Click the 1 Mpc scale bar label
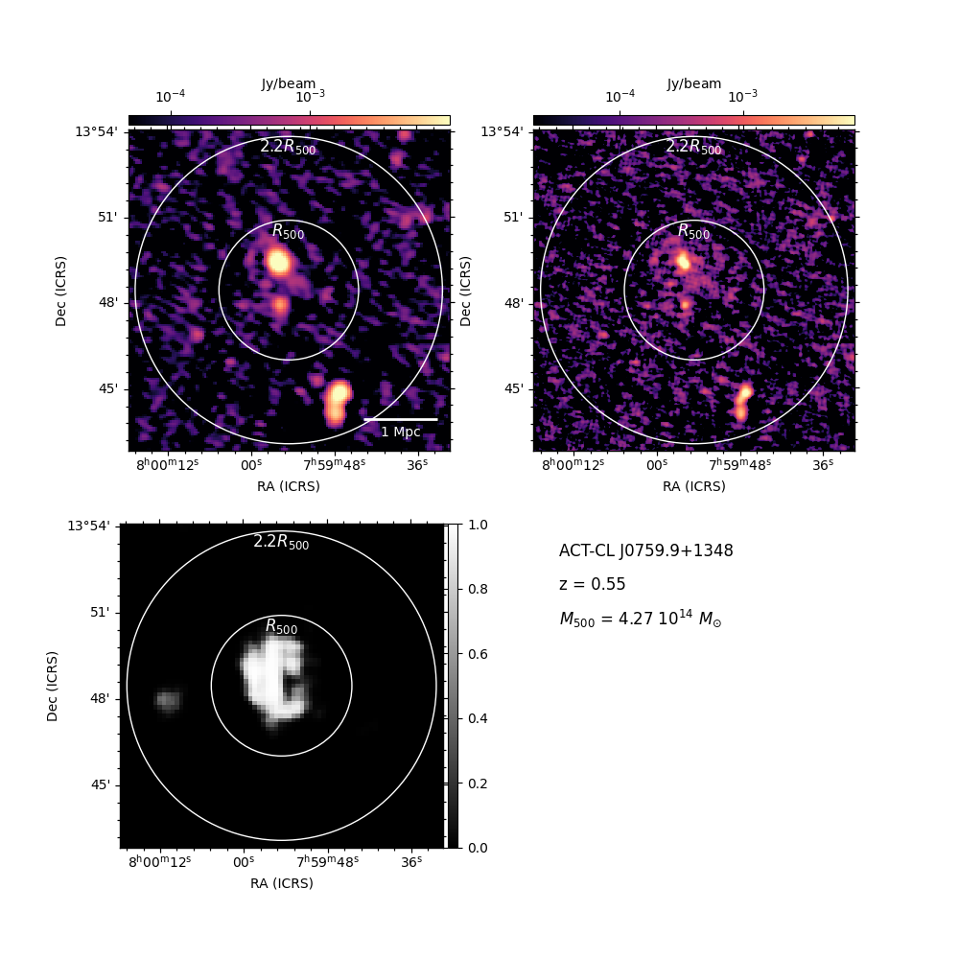pyautogui.click(x=401, y=432)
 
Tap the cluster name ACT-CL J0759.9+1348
pyautogui.click(x=645, y=551)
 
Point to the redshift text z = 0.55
pyautogui.click(x=592, y=584)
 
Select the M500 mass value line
pyautogui.click(x=641, y=619)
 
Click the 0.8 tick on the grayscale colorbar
pyautogui.click(x=478, y=590)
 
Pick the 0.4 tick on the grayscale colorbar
pyautogui.click(x=478, y=718)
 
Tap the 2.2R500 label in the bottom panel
pyautogui.click(x=281, y=542)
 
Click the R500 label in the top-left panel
pyautogui.click(x=288, y=232)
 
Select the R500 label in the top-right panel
pyautogui.click(x=694, y=232)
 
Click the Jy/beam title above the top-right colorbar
pyautogui.click(x=694, y=83)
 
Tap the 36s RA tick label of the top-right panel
pyautogui.click(x=823, y=465)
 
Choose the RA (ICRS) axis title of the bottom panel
pyautogui.click(x=282, y=883)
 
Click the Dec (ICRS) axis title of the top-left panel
pyautogui.click(x=60, y=292)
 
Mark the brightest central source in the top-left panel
pyautogui.click(x=278, y=262)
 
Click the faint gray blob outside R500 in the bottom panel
pyautogui.click(x=168, y=700)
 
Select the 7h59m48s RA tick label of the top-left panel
pyautogui.click(x=335, y=465)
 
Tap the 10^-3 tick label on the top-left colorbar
pyautogui.click(x=310, y=96)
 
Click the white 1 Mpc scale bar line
pyautogui.click(x=401, y=420)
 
